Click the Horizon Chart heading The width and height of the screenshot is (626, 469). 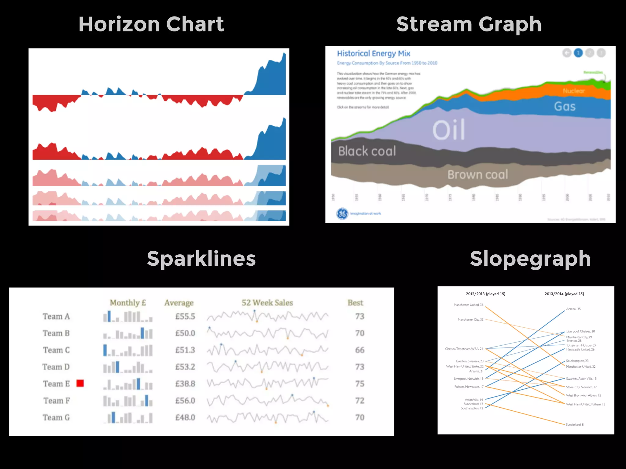point(151,24)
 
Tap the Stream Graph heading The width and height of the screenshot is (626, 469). point(469,24)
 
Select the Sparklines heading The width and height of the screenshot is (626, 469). point(201,259)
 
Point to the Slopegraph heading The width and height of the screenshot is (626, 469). point(530,259)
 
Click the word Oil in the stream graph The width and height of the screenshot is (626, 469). point(449,130)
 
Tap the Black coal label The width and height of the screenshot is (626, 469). point(367,151)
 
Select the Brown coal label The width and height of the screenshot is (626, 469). point(477,175)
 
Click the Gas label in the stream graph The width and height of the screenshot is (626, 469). point(565,107)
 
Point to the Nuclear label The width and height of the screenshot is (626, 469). point(573,91)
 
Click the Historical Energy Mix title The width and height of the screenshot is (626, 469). point(374,54)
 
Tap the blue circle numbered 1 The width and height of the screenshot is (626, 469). point(578,53)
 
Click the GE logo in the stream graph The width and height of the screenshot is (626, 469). point(342,213)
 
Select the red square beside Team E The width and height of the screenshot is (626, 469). point(80,383)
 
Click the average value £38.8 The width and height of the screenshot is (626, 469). point(185,384)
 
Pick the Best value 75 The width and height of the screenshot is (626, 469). point(359,384)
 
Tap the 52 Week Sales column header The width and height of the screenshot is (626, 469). point(267,303)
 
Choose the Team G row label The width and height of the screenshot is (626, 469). point(56,417)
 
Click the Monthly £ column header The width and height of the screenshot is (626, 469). point(128,303)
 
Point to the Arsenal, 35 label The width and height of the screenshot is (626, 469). point(573,309)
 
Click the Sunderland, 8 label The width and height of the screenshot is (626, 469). point(575,425)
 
